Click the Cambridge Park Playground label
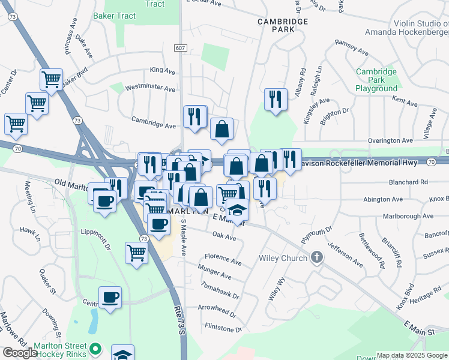[376, 80]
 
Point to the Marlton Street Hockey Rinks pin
[95, 347]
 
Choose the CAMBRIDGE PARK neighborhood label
[283, 25]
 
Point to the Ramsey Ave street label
[351, 47]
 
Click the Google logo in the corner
[20, 353]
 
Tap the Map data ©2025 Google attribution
[412, 355]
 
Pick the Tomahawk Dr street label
[220, 291]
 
